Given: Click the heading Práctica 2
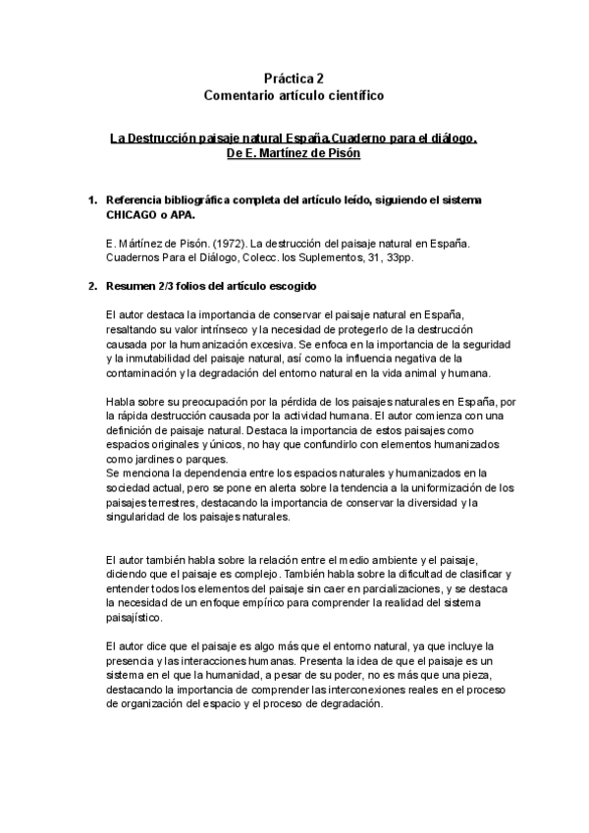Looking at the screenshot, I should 294,78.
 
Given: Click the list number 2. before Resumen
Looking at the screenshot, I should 92,287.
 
